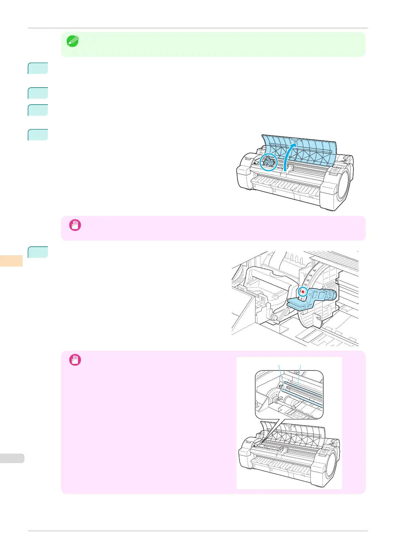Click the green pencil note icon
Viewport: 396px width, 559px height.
click(x=72, y=41)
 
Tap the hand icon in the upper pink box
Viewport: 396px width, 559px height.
click(x=75, y=225)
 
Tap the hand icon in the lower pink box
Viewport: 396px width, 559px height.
click(x=75, y=360)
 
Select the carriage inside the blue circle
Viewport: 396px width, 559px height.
click(x=268, y=162)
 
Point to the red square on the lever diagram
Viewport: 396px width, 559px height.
click(x=303, y=292)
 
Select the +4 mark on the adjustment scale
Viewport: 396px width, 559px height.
click(x=310, y=275)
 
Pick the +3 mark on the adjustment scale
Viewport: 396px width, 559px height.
click(x=307, y=280)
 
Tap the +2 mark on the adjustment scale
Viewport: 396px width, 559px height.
click(x=305, y=285)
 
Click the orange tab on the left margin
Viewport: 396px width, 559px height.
click(x=11, y=261)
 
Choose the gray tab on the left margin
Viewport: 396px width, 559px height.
click(x=12, y=458)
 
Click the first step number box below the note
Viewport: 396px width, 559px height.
click(x=38, y=68)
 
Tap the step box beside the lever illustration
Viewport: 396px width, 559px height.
click(x=38, y=252)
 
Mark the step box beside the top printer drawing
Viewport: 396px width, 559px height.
click(x=38, y=135)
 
